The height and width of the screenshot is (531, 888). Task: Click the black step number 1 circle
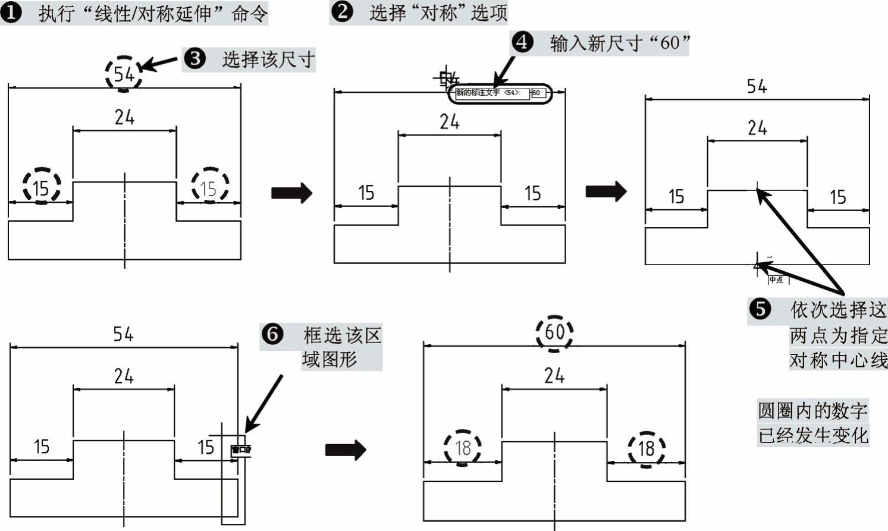11,13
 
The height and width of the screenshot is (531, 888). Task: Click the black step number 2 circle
341,12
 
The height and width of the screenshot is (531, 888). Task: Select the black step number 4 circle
522,43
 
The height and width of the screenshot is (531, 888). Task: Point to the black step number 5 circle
760,309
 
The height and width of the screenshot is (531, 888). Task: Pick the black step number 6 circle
272,335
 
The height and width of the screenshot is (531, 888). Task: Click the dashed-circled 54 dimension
124,74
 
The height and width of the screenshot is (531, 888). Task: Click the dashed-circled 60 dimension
554,332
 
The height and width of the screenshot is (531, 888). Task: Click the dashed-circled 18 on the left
462,448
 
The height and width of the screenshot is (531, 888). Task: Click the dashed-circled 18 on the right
647,448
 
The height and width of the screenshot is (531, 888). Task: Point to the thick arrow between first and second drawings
291,193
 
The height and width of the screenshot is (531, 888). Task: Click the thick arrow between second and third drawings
606,191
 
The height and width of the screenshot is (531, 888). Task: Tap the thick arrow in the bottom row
346,450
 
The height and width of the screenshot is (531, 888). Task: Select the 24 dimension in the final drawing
554,375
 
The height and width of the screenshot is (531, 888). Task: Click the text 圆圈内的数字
812,410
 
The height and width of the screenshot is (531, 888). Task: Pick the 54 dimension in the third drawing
757,87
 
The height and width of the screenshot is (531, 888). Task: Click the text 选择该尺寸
268,59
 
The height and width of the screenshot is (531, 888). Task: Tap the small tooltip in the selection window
241,450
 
